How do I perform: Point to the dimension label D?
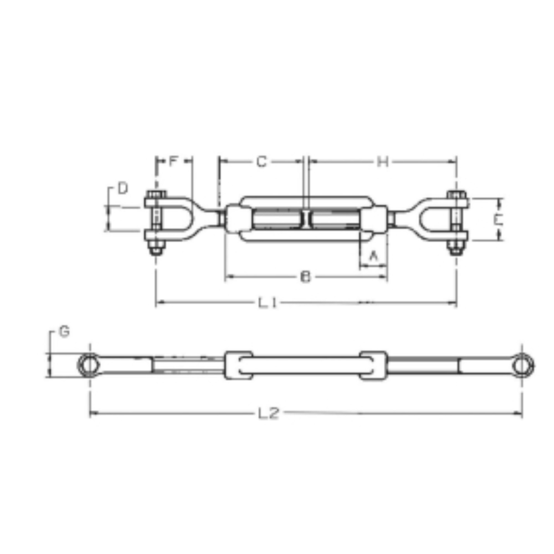point(122,188)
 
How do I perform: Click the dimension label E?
point(498,219)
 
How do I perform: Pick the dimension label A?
point(373,255)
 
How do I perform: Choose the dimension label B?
point(305,277)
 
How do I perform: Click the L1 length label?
point(268,302)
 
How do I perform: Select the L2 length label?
point(268,413)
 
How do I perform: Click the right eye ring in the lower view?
point(522,365)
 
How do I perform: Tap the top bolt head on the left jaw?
point(156,195)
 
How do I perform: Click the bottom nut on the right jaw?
point(456,249)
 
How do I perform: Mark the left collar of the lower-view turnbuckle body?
point(238,366)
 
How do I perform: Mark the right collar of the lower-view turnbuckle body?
point(373,366)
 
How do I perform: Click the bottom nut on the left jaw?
point(156,249)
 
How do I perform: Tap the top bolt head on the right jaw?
point(456,195)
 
